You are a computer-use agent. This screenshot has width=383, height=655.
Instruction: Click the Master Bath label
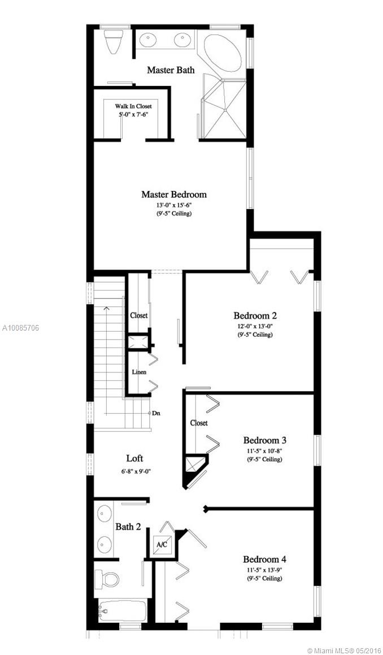[171, 70]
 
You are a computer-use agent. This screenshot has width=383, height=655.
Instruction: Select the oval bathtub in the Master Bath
[222, 54]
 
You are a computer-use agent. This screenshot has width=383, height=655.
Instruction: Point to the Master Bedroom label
[174, 194]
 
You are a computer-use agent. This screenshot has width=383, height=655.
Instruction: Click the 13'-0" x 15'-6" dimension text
[174, 205]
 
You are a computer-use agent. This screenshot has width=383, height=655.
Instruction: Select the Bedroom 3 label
[265, 440]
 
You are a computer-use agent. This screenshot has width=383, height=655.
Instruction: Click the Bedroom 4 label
[265, 559]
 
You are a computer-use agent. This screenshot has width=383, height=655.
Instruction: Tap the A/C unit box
[162, 545]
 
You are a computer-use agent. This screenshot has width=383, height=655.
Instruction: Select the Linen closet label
[139, 372]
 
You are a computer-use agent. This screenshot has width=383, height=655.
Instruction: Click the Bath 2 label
[128, 527]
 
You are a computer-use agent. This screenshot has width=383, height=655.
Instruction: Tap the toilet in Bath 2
[106, 579]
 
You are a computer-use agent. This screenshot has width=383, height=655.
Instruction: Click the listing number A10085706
[20, 328]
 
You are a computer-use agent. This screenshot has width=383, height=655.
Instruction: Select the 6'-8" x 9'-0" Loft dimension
[135, 472]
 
